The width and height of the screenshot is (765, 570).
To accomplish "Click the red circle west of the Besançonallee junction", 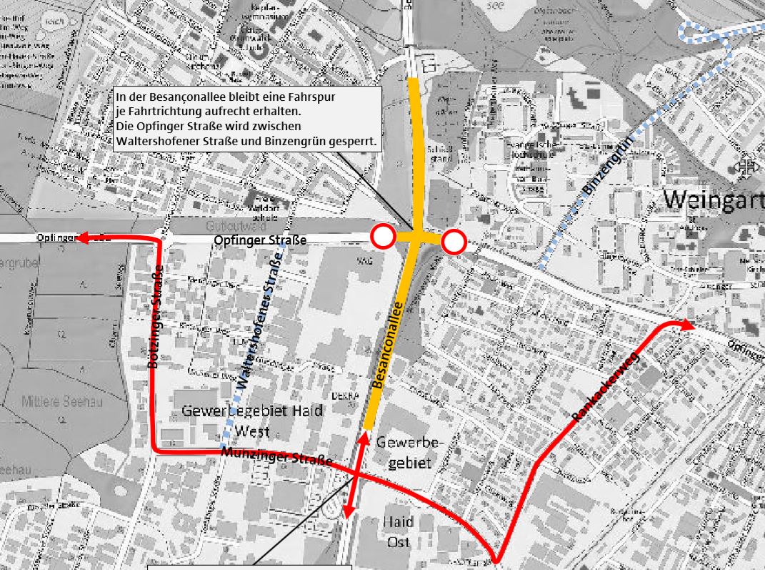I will point(384,236).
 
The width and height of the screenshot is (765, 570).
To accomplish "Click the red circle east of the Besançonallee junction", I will point(454,243).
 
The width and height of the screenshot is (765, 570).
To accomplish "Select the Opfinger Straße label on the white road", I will point(260,240).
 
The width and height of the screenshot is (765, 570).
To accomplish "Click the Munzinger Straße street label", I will point(277,457).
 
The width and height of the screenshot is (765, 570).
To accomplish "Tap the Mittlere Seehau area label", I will point(62,402).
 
